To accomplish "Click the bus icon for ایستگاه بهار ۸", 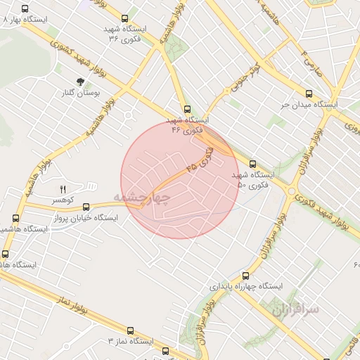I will click(25, 10).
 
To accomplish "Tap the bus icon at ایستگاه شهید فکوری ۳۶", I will click(125, 19).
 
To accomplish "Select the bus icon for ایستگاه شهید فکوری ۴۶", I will click(186, 109).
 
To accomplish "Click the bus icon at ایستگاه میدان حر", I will click(309, 94).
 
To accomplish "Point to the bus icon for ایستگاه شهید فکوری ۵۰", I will click(252, 164).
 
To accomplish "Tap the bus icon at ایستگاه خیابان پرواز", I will click(86, 207).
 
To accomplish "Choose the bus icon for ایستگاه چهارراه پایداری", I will click(245, 276).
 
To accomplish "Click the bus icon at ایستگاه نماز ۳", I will click(129, 330).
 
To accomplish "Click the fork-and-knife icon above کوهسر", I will click(63, 190).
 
